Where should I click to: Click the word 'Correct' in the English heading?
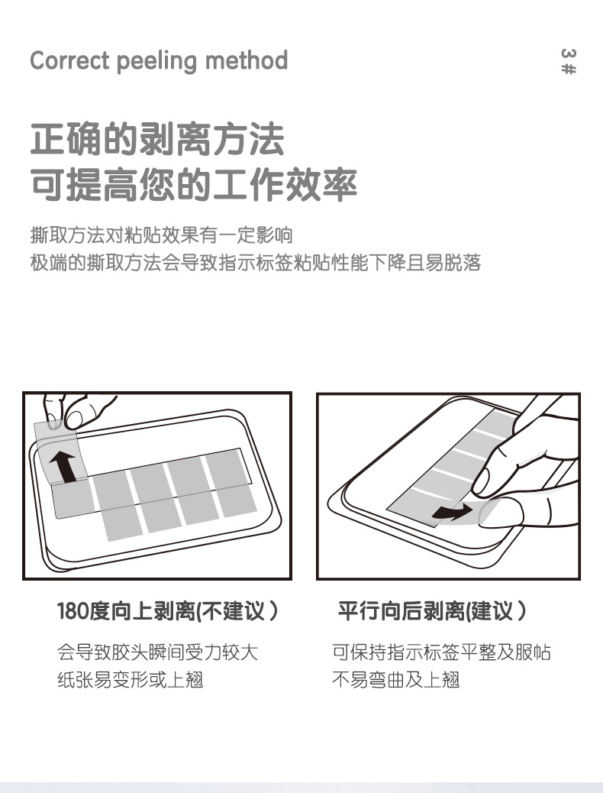[69, 60]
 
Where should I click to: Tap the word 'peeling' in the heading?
[156, 61]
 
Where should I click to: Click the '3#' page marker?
[569, 61]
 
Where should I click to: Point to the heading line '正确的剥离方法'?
[157, 138]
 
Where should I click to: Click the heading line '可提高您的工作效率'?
[194, 183]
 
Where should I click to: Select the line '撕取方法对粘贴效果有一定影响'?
[162, 235]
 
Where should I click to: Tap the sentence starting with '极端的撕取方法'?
[255, 263]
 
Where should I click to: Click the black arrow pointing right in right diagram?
[452, 512]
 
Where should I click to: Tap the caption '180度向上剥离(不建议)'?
[167, 610]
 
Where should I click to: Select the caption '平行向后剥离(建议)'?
[432, 610]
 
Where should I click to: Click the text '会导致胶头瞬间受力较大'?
[158, 652]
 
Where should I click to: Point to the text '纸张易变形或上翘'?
[131, 679]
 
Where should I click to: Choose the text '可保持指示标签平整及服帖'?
[441, 652]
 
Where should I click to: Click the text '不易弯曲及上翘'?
[395, 679]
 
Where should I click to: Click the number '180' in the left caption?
[73, 611]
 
